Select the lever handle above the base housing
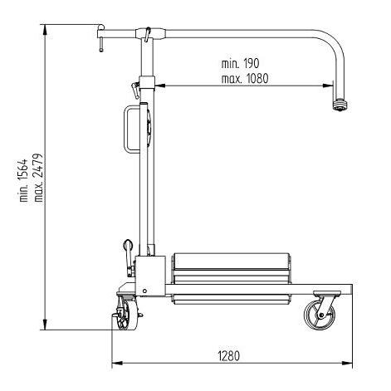click(128, 248)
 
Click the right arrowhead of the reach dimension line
click(330, 84)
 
